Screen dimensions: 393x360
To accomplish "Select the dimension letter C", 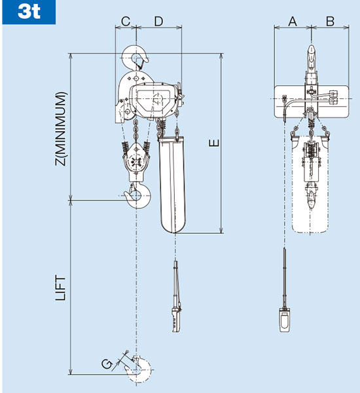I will coord(126,22).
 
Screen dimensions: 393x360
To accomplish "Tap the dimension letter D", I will coord(158,22).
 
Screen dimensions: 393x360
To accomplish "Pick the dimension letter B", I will coord(330,22).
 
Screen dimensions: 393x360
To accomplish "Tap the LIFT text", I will coord(61,288).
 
